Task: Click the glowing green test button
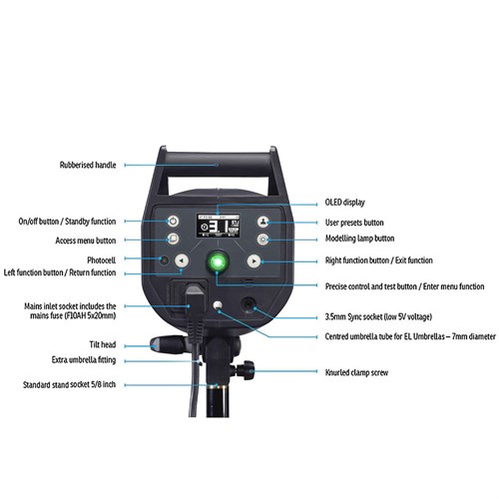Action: pyautogui.click(x=218, y=261)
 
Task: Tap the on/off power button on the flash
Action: pyautogui.click(x=173, y=222)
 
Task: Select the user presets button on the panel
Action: pyautogui.click(x=263, y=222)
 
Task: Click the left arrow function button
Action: pyautogui.click(x=182, y=260)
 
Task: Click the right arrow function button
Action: pyautogui.click(x=254, y=261)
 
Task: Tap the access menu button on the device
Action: pyautogui.click(x=173, y=239)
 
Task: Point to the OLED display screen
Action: pyautogui.click(x=218, y=226)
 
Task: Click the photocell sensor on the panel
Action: pyautogui.click(x=164, y=260)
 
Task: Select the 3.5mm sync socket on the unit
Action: pyautogui.click(x=249, y=305)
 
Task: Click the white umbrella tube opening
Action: pyautogui.click(x=218, y=305)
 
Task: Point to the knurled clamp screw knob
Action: pyautogui.click(x=246, y=369)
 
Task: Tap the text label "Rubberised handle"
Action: pyautogui.click(x=88, y=165)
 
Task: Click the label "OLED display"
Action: pyautogui.click(x=345, y=203)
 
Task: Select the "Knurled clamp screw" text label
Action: pyautogui.click(x=356, y=372)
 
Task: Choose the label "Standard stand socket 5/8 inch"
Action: pyautogui.click(x=69, y=384)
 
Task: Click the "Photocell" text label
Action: pyautogui.click(x=102, y=259)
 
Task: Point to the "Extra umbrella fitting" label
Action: pyautogui.click(x=84, y=359)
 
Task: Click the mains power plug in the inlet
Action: pyautogui.click(x=195, y=309)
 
